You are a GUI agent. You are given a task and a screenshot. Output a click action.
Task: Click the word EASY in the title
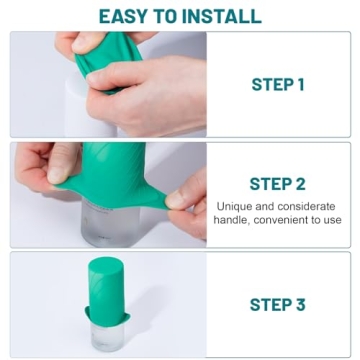[x=124, y=15]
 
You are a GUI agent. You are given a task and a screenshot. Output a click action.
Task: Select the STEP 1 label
[x=277, y=85]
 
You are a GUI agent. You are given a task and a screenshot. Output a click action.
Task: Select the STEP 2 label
[x=277, y=184]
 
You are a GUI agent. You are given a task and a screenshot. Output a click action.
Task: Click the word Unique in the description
[x=236, y=206]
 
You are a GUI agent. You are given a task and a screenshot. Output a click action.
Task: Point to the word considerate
[x=303, y=206]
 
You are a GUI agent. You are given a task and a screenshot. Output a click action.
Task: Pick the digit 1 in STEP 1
[x=300, y=85]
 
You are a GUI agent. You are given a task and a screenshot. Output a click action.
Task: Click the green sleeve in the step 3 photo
[x=107, y=290]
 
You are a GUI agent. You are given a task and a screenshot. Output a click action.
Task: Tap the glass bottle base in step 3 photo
[x=107, y=335]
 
